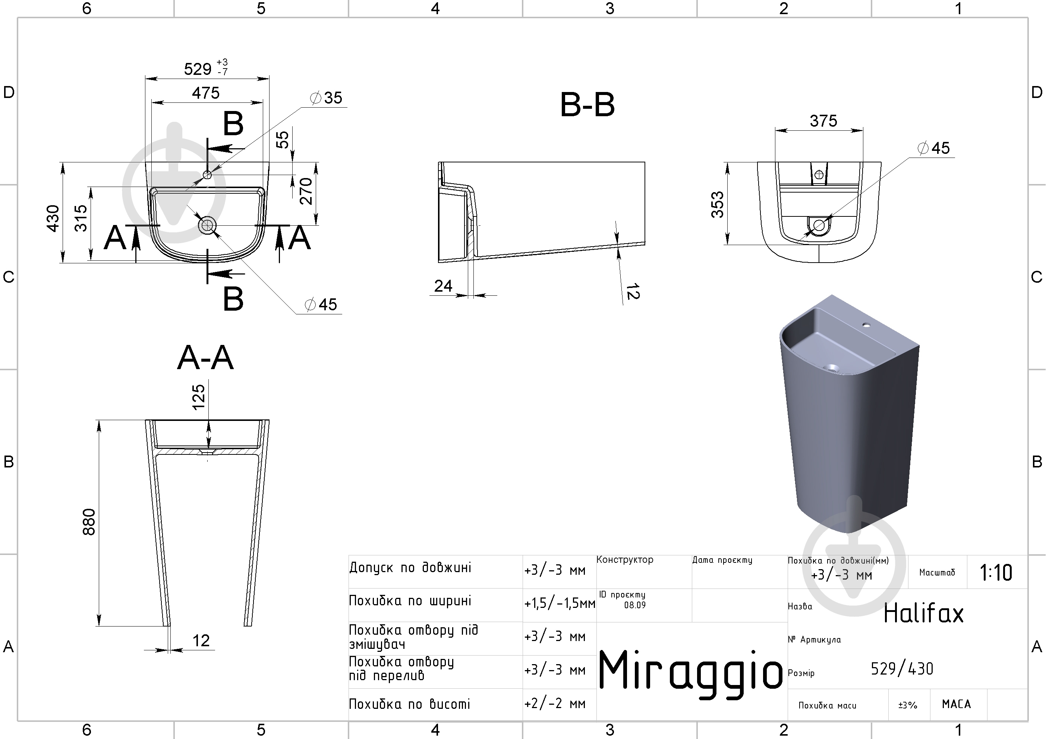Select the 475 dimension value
point(206,93)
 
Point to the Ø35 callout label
point(326,98)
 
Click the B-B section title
point(587,105)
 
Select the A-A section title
point(205,358)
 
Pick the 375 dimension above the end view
point(823,121)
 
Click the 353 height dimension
point(717,204)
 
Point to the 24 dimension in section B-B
point(443,286)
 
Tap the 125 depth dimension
point(199,397)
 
